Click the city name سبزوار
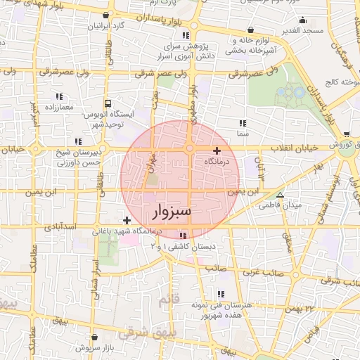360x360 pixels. pyautogui.click(x=172, y=211)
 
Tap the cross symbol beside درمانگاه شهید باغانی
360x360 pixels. pyautogui.click(x=127, y=221)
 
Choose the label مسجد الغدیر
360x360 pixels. pyautogui.click(x=303, y=30)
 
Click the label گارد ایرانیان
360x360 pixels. pyautogui.click(x=105, y=26)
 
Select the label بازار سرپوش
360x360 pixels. pyautogui.click(x=94, y=347)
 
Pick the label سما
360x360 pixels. pyautogui.click(x=243, y=132)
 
